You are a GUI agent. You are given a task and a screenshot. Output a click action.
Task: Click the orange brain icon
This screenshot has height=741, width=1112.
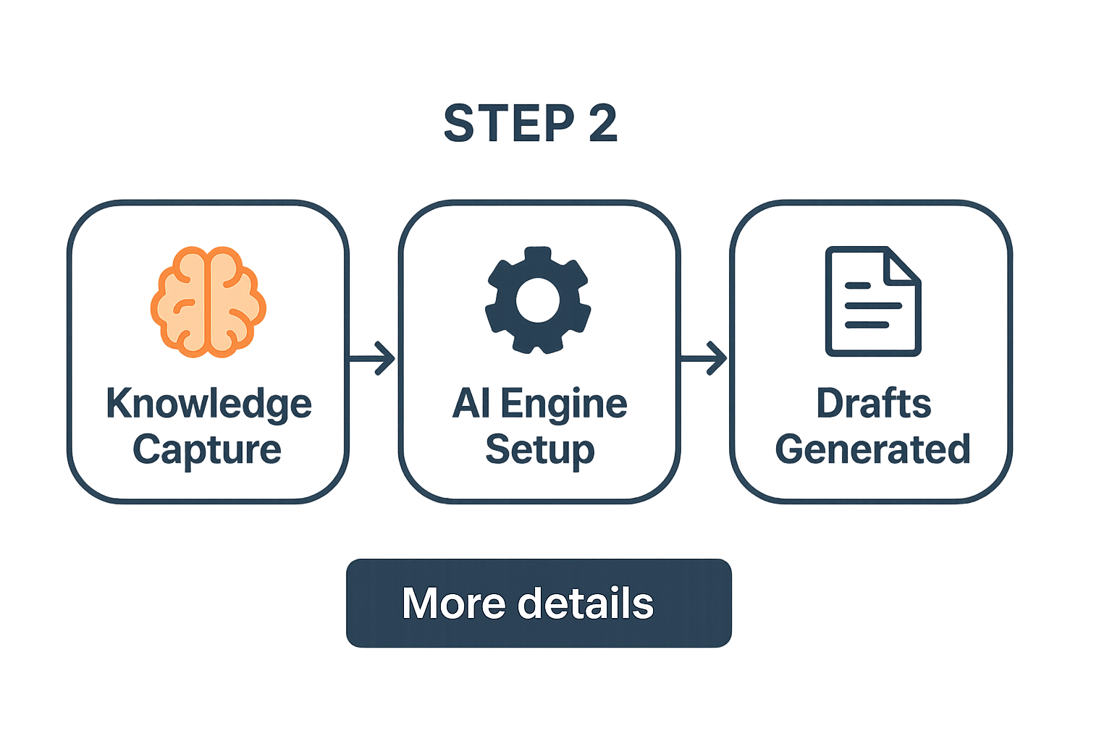tap(208, 302)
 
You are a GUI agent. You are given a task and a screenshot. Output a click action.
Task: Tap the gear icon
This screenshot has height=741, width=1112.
tap(538, 300)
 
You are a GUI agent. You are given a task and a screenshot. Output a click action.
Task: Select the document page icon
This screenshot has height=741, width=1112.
tap(872, 301)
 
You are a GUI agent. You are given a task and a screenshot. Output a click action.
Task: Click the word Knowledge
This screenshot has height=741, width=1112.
tap(208, 404)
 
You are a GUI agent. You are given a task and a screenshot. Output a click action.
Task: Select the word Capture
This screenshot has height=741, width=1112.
tap(207, 450)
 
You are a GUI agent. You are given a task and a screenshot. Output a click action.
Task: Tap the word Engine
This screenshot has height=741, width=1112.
tap(563, 404)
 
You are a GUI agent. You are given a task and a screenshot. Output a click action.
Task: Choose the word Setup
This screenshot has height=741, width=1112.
tap(539, 450)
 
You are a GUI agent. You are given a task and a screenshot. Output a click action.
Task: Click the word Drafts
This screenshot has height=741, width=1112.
tap(873, 404)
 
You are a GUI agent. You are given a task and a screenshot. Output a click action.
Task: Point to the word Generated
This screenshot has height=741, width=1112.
tap(872, 450)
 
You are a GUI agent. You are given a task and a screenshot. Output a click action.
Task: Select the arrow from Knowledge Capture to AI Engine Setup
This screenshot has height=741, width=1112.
tap(373, 358)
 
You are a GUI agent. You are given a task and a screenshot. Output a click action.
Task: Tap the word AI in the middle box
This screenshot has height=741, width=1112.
tap(471, 404)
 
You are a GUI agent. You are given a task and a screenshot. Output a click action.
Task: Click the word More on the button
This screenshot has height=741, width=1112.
tap(453, 603)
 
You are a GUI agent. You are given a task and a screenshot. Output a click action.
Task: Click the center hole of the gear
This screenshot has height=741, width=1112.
tap(538, 300)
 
